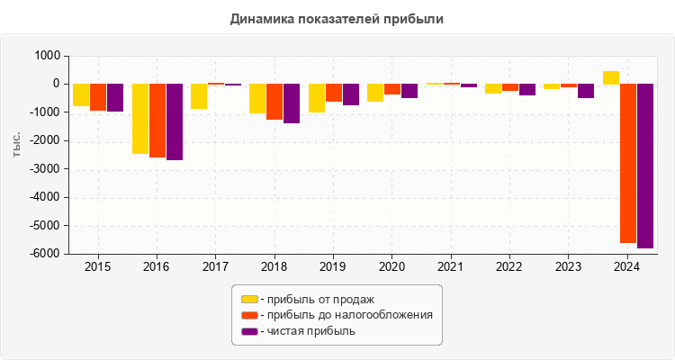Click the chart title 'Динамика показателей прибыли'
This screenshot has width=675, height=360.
[337, 18]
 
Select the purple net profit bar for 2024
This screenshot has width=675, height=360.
[645, 166]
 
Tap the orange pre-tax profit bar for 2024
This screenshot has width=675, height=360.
[628, 163]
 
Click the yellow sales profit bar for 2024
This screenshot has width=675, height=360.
[611, 77]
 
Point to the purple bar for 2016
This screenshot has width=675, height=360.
[175, 121]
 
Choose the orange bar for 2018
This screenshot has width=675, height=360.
[274, 102]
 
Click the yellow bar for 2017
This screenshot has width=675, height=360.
[199, 96]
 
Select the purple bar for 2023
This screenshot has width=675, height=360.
[586, 91]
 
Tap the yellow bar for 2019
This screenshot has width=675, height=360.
[317, 98]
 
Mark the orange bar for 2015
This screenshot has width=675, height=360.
[97, 97]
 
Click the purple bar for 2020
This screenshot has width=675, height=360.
[409, 91]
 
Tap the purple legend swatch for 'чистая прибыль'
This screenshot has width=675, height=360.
[249, 331]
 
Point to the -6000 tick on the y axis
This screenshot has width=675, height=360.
[46, 254]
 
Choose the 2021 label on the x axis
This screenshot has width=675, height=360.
[450, 267]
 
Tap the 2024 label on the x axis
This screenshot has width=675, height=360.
[626, 267]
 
